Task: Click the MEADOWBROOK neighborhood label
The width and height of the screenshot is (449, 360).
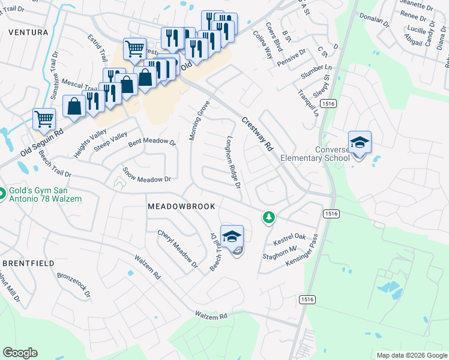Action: click(x=181, y=206)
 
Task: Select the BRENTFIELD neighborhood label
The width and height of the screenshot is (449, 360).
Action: click(x=28, y=263)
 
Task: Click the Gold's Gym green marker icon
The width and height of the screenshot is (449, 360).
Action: click(x=3, y=194)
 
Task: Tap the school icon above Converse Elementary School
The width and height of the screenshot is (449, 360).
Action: click(x=360, y=143)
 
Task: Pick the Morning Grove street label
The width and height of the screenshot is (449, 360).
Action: click(x=200, y=121)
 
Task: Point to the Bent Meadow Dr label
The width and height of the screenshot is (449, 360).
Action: click(x=151, y=143)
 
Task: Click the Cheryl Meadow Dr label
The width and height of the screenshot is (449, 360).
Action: click(x=178, y=248)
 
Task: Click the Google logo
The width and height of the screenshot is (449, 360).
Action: click(x=20, y=353)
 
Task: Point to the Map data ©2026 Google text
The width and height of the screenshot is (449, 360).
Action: click(x=411, y=355)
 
